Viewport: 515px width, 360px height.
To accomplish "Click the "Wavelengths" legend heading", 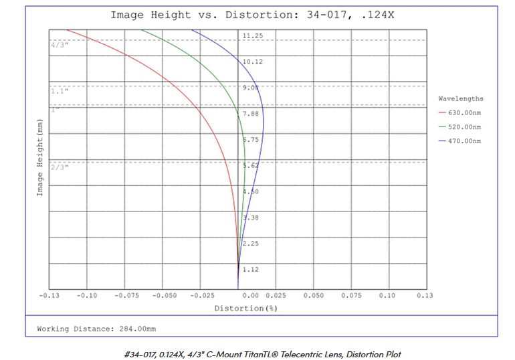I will pyautogui.click(x=460, y=98).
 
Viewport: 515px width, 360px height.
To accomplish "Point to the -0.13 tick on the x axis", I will pyautogui.click(x=49, y=295).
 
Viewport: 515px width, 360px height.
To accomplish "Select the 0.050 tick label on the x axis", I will pyautogui.click(x=313, y=295).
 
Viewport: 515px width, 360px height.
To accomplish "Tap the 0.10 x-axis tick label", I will pyautogui.click(x=387, y=295).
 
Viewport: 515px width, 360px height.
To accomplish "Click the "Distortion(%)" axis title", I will pyautogui.click(x=245, y=308).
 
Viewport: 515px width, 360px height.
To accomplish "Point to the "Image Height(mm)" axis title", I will pyautogui.click(x=39, y=159).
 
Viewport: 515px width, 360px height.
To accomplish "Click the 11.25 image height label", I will pyautogui.click(x=252, y=35).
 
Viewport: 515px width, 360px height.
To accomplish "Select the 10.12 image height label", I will pyautogui.click(x=252, y=62).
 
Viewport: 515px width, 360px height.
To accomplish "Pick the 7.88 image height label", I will pyautogui.click(x=251, y=114).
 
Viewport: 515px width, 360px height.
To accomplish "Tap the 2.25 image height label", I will pyautogui.click(x=251, y=244).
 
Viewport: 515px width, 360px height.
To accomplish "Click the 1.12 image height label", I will pyautogui.click(x=251, y=270).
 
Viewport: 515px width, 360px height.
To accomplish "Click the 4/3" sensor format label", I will pyautogui.click(x=60, y=45).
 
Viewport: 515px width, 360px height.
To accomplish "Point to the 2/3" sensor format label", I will pyautogui.click(x=60, y=166).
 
